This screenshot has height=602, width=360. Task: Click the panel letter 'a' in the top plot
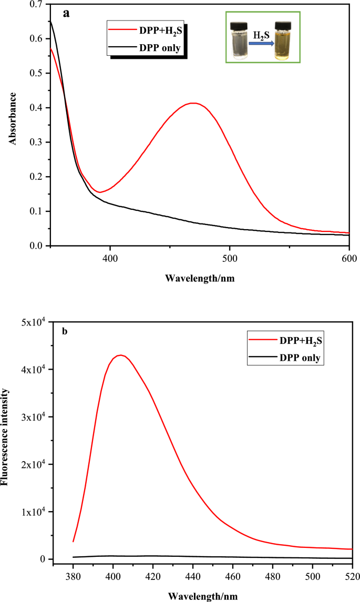(66, 14)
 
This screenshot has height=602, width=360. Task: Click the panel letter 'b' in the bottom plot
(65, 331)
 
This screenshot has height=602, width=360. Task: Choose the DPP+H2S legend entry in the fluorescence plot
(285, 340)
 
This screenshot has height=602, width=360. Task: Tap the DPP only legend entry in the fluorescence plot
(285, 358)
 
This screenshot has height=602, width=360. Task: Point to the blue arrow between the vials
(261, 44)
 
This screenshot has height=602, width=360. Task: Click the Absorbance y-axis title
(13, 118)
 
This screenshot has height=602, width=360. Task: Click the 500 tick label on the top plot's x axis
(230, 258)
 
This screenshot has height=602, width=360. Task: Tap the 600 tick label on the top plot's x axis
(349, 258)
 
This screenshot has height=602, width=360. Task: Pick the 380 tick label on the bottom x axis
(73, 577)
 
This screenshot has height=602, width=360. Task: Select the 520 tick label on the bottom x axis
(352, 577)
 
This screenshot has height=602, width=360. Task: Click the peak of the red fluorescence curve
(121, 355)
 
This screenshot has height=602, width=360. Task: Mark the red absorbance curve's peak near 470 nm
(194, 103)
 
